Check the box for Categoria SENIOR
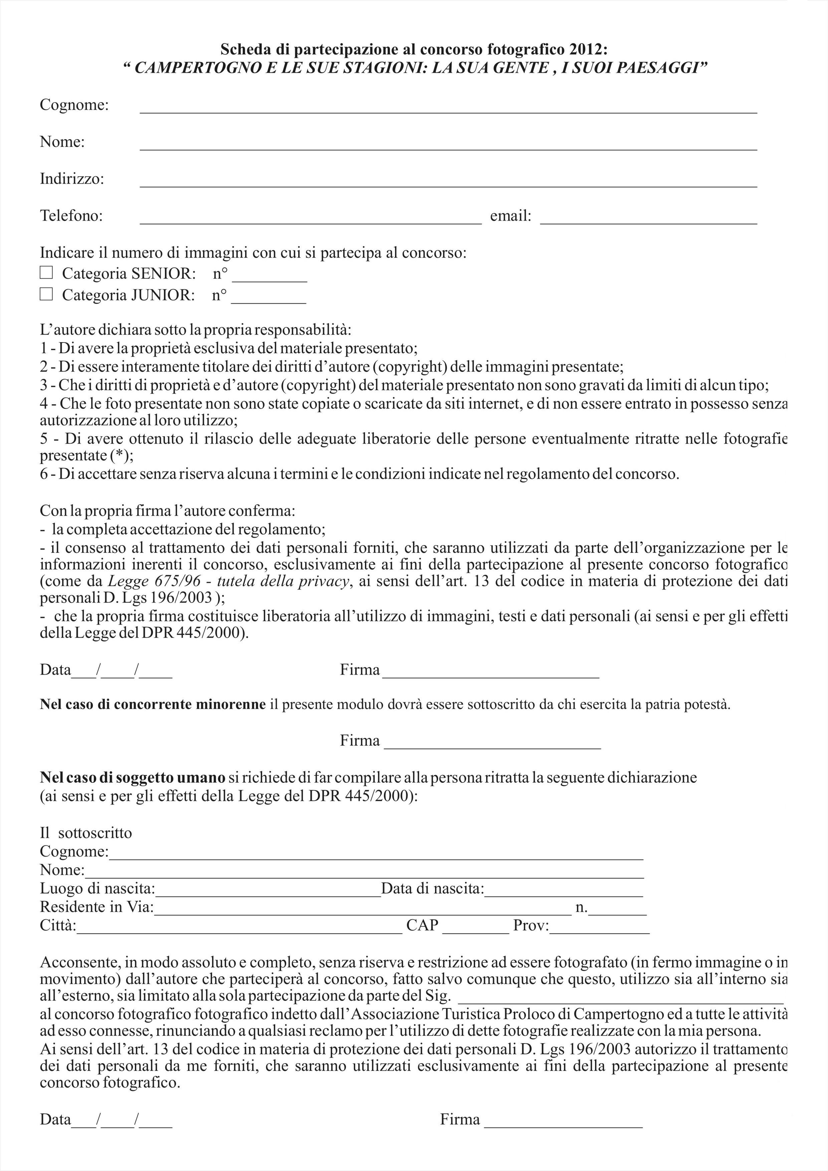(46, 272)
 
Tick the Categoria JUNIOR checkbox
(46, 294)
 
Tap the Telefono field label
(71, 216)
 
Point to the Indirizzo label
(72, 179)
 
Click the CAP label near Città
(422, 925)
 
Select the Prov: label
(531, 925)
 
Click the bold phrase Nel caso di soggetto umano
(133, 777)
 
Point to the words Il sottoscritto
(86, 833)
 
